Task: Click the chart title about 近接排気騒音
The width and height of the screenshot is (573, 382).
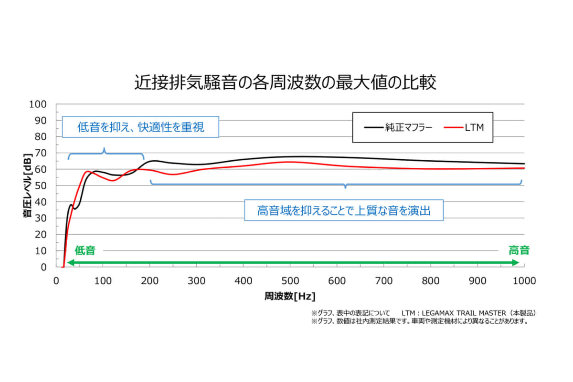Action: [286, 83]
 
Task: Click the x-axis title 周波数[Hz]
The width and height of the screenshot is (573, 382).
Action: [290, 296]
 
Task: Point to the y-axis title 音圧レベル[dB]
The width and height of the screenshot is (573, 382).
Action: [27, 186]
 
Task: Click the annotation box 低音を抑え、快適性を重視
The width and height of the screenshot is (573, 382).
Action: [140, 127]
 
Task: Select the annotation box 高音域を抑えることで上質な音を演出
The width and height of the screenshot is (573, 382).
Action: [344, 210]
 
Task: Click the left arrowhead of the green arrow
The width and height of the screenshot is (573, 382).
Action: [70, 263]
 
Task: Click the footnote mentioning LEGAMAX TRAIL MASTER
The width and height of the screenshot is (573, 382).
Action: [424, 313]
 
